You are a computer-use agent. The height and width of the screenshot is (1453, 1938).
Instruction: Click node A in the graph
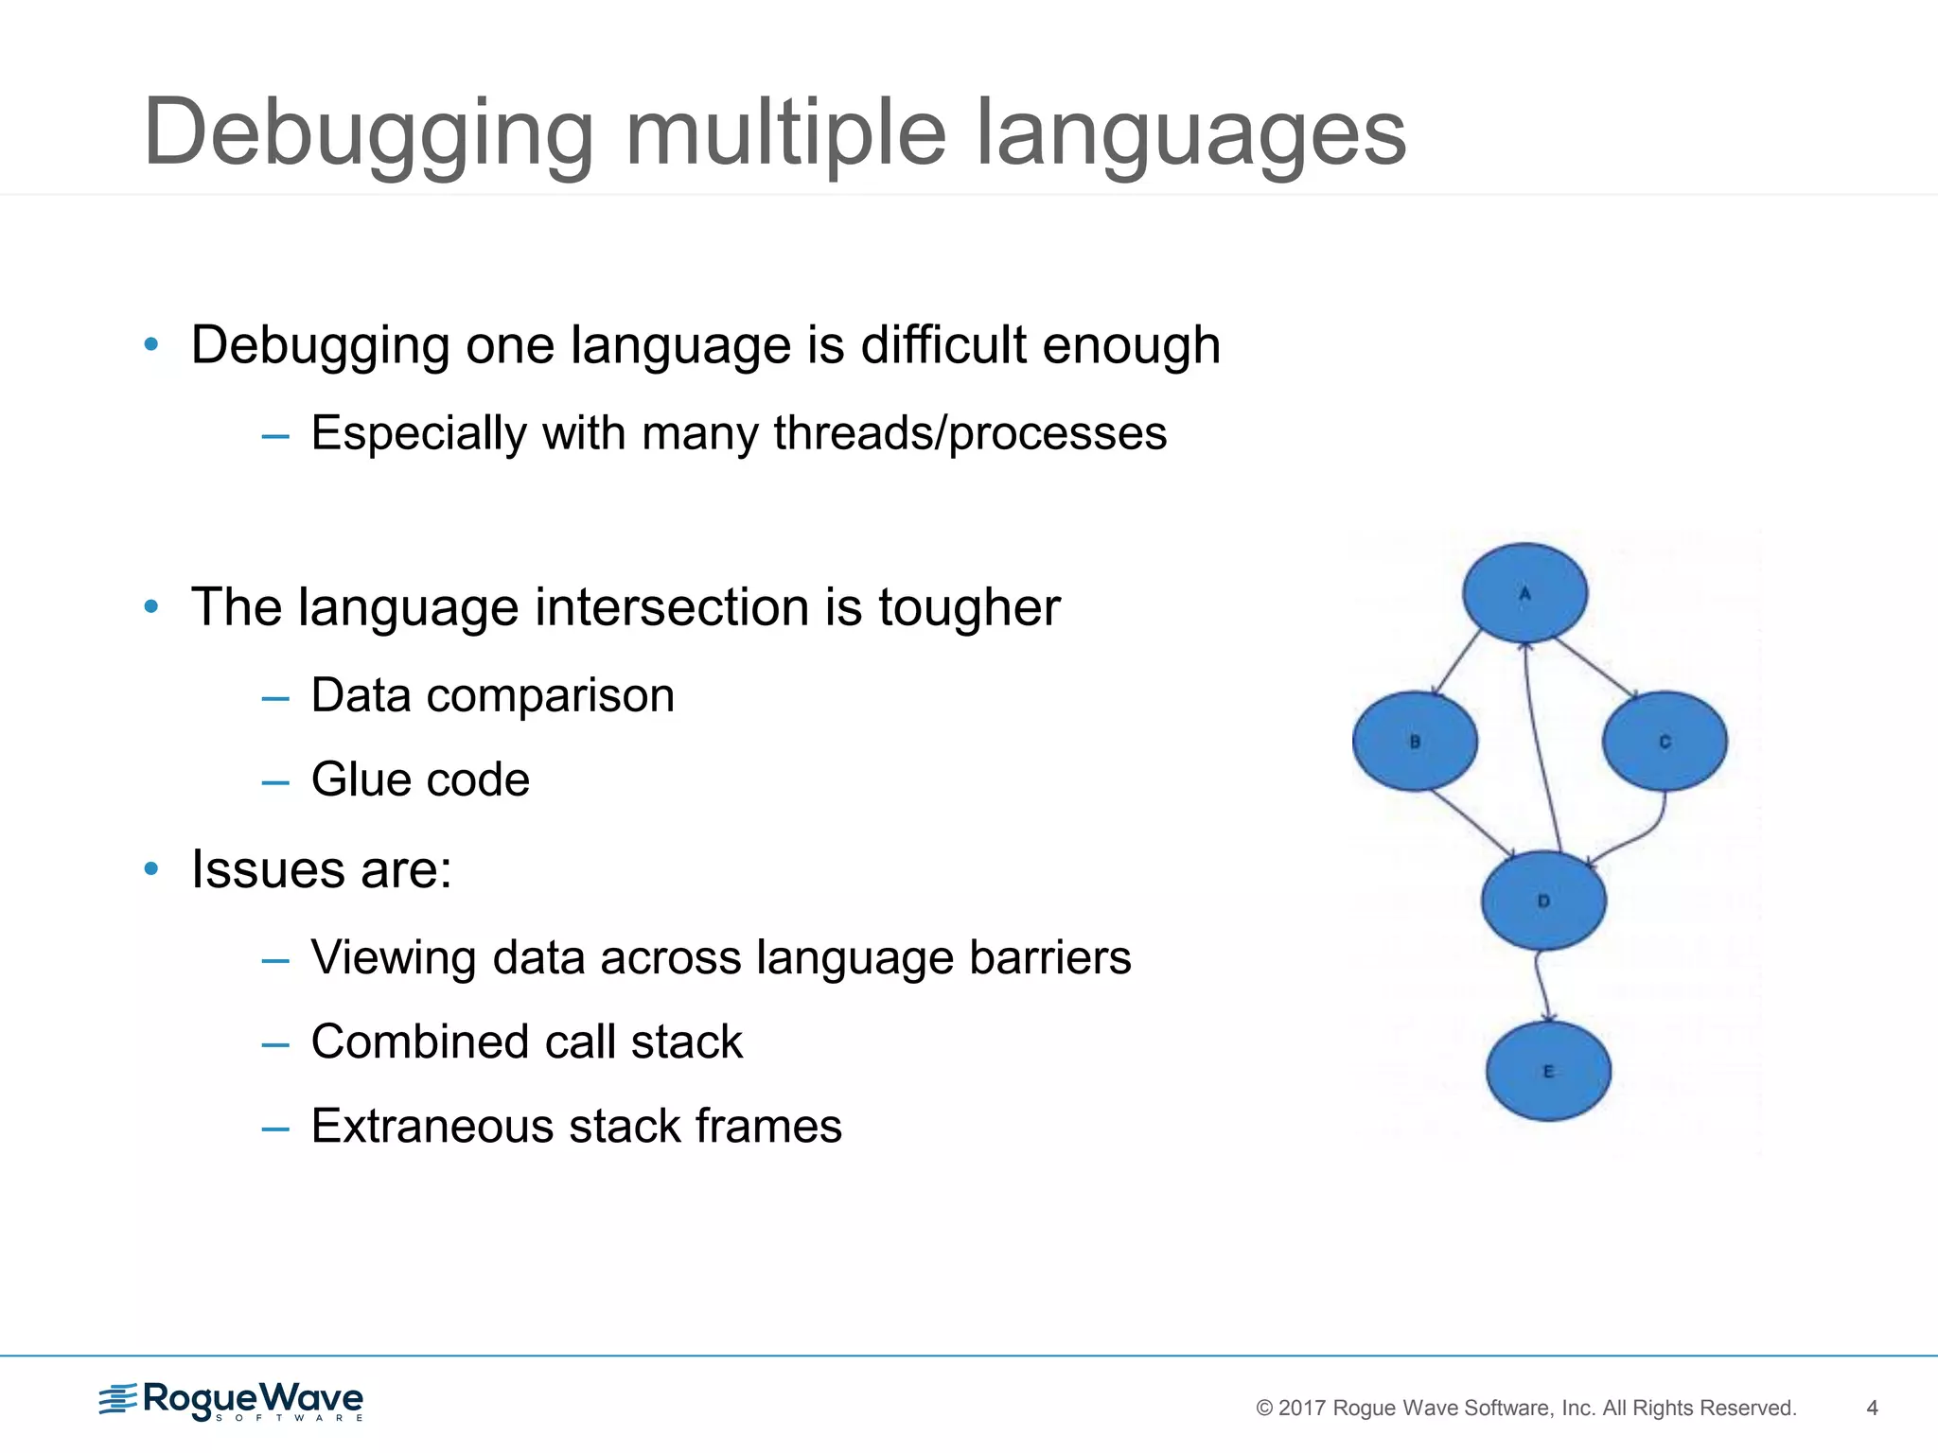point(1524,593)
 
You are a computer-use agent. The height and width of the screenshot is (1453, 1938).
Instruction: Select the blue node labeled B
point(1415,742)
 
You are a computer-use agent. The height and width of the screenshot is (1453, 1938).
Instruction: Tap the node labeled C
point(1665,742)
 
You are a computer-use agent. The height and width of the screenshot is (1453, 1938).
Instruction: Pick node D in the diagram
point(1543,901)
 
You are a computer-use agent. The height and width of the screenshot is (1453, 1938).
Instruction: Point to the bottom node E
point(1548,1071)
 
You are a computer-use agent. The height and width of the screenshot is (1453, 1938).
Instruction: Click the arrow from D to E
point(1541,986)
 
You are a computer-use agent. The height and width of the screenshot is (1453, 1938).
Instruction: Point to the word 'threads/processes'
point(970,434)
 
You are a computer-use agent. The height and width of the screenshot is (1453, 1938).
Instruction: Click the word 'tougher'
point(969,607)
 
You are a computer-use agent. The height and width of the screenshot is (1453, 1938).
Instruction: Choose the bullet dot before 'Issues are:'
point(151,868)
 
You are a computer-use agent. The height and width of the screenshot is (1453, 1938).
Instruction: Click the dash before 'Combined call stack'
point(274,1044)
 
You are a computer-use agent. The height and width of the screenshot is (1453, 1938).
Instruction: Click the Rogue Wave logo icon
point(118,1399)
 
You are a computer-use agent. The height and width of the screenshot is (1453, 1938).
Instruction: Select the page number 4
point(1872,1408)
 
